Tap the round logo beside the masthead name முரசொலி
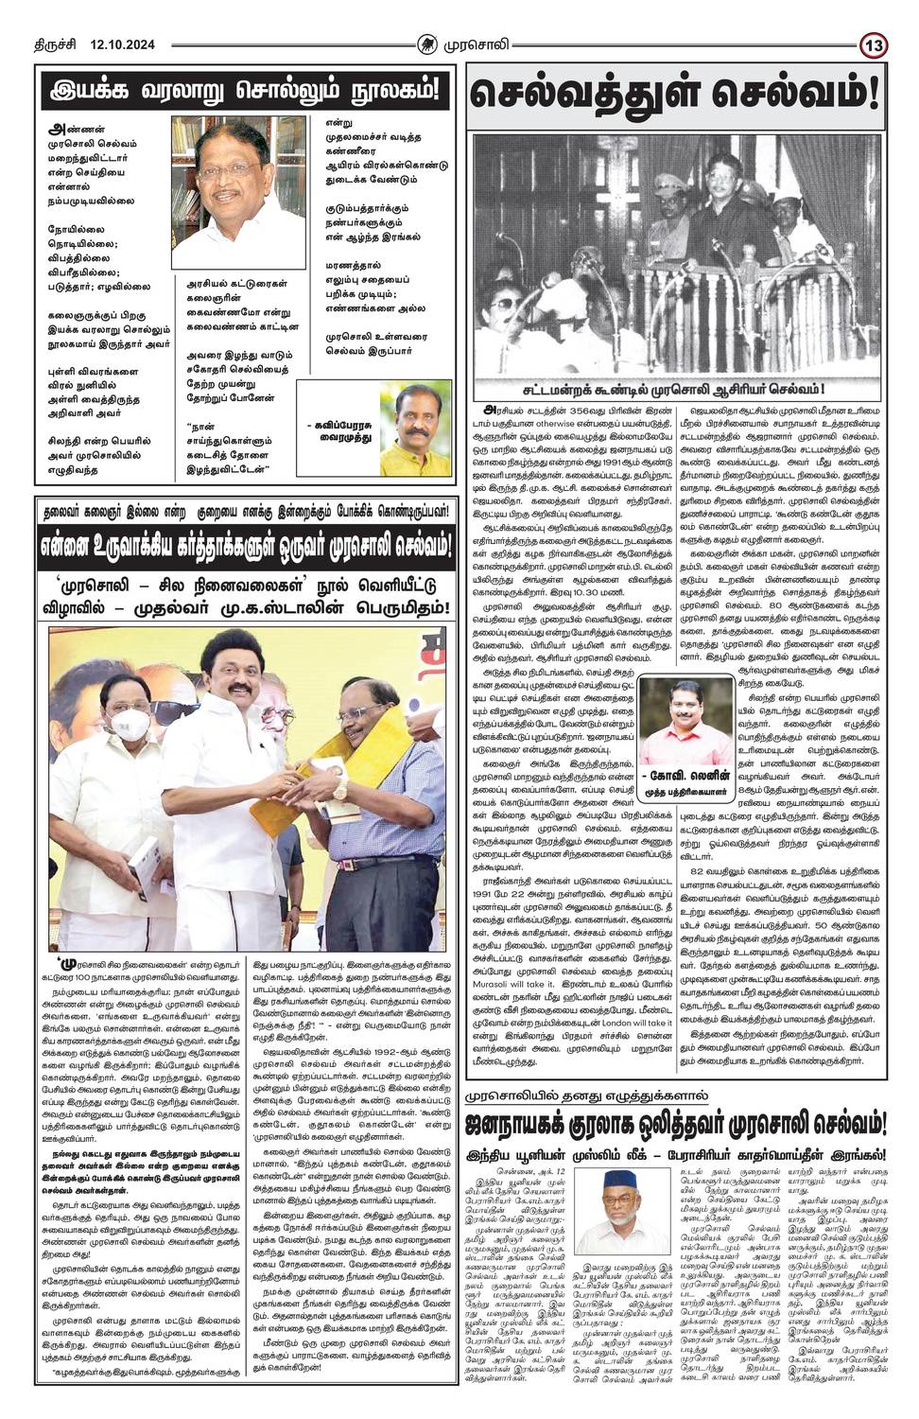click(x=431, y=17)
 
